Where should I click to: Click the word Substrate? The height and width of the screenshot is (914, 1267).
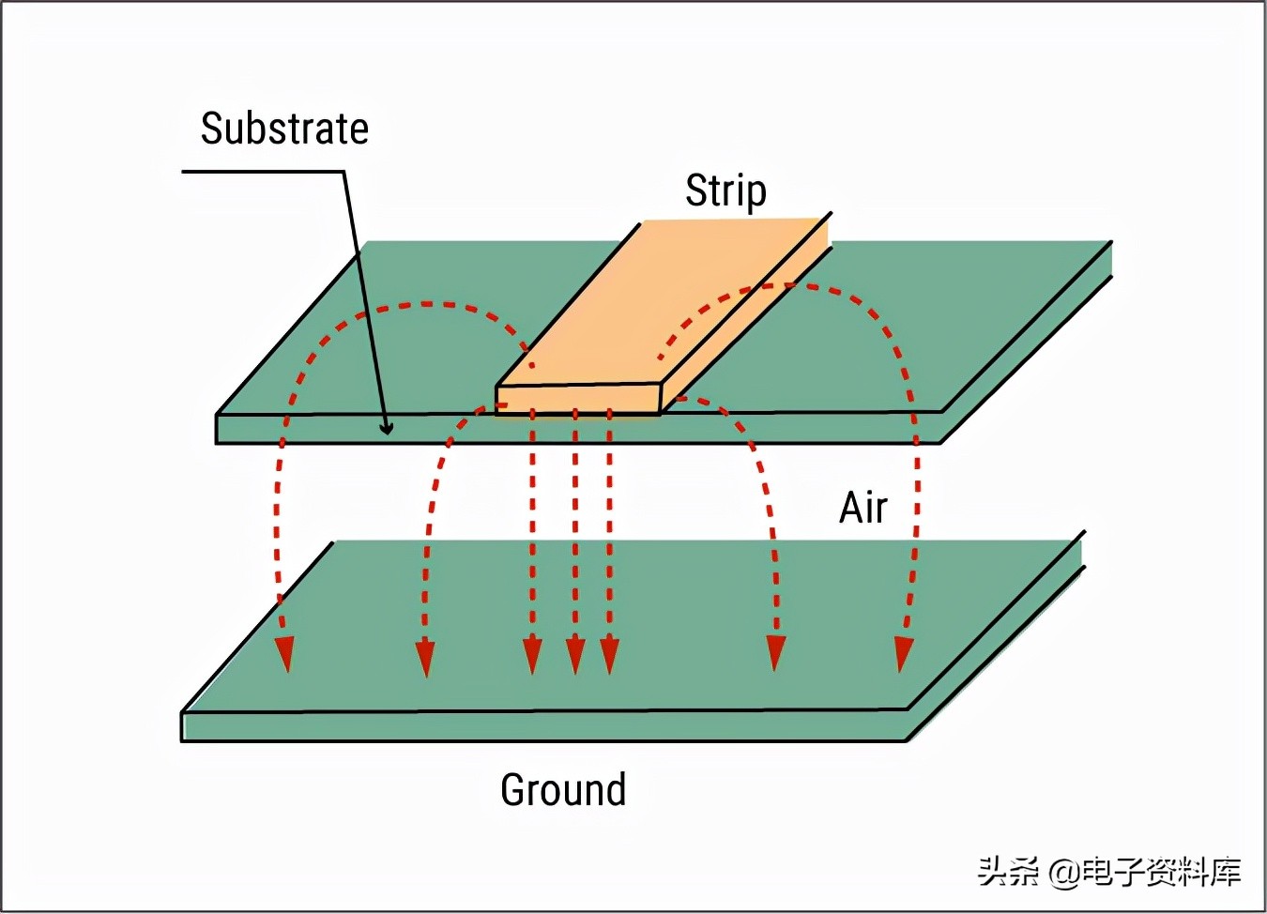[284, 129]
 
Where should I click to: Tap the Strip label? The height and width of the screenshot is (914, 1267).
[725, 190]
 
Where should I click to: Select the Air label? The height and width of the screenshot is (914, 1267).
[862, 508]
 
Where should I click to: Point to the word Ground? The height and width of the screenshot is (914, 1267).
[563, 789]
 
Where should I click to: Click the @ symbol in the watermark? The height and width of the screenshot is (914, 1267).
[1063, 872]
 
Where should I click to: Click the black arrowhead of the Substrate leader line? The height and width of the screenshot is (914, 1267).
[386, 428]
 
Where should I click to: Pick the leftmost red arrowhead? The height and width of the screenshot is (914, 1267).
[284, 654]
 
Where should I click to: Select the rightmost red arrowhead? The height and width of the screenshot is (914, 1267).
[904, 654]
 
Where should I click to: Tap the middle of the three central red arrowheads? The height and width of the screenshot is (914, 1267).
[575, 655]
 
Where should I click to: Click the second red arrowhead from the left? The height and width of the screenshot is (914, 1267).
[425, 657]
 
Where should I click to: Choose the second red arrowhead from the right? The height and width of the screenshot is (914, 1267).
[776, 653]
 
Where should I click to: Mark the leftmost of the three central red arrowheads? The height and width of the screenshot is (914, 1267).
[532, 655]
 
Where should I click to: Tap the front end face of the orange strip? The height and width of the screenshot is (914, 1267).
[578, 399]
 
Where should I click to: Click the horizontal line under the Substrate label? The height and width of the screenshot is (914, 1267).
[263, 172]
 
